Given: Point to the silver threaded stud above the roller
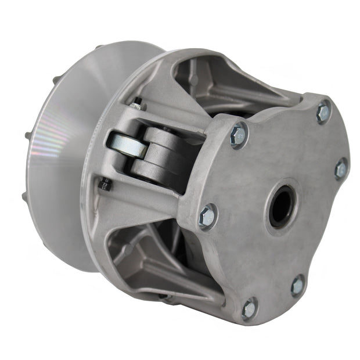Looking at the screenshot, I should click(x=137, y=105).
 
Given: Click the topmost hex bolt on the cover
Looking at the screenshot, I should click(x=323, y=112).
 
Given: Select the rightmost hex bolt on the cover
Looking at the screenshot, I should click(x=341, y=168).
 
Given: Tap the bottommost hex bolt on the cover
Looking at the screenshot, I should click(x=250, y=308).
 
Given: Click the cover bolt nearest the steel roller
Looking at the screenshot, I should click(x=238, y=134).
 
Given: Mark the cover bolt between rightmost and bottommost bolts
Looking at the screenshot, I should click(x=297, y=285).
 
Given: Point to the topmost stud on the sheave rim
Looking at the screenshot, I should click(x=99, y=48).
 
